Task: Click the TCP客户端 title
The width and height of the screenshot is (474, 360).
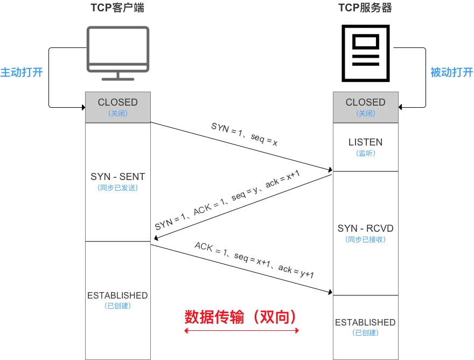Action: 117,8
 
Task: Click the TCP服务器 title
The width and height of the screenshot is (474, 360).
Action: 365,8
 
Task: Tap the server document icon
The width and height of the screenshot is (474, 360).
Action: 365,53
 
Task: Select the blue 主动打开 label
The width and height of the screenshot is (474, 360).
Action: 22,72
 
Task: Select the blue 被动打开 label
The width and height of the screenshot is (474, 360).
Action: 451,72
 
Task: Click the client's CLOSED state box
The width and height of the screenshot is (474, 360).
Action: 117,107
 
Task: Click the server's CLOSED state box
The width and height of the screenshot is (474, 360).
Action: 365,107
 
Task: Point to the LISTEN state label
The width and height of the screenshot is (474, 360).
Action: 365,142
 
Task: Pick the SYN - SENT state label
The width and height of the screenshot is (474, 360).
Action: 117,177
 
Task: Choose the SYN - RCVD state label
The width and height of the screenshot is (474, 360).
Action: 365,229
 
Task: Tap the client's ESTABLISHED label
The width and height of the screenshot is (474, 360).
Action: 117,295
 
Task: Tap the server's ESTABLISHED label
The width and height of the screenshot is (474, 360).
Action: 365,322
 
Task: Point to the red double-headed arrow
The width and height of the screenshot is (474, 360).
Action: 241,330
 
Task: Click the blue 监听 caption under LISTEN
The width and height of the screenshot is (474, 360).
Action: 365,153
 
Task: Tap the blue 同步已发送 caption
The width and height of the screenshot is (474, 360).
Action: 117,188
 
